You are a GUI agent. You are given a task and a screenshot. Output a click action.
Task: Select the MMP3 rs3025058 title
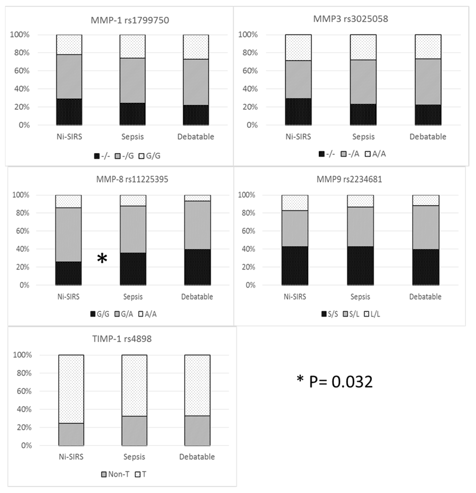click(350, 19)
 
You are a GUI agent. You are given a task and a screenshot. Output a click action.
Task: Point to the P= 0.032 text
click(335, 382)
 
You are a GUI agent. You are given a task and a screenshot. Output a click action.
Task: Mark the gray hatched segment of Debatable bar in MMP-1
click(196, 82)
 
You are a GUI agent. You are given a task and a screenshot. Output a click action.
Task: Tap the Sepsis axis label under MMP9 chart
click(360, 297)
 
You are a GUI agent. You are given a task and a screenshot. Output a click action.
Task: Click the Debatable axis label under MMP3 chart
click(428, 137)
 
